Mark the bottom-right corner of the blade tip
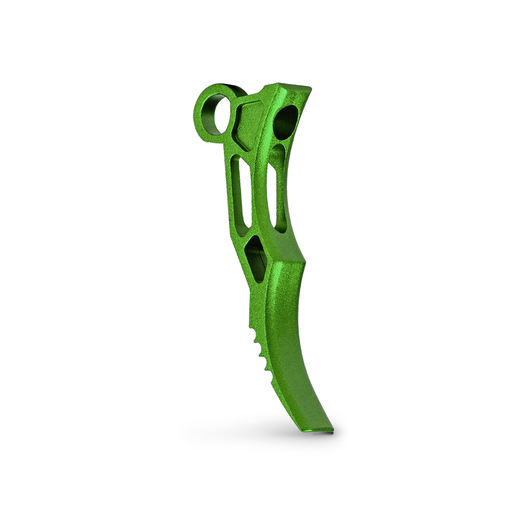pyautogui.click(x=333, y=429)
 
